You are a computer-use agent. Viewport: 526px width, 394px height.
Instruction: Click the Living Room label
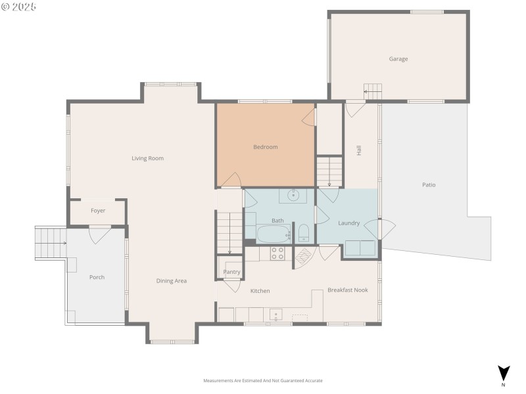pyautogui.click(x=147, y=158)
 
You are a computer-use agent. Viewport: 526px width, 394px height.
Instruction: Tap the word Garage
pyautogui.click(x=398, y=59)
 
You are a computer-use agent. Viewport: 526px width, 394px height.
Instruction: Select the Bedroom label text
pyautogui.click(x=265, y=147)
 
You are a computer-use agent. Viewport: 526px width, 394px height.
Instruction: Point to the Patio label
pyautogui.click(x=429, y=185)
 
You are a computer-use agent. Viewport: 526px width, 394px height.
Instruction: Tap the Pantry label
pyautogui.click(x=231, y=272)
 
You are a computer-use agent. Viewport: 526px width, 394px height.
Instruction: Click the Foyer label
pyautogui.click(x=98, y=211)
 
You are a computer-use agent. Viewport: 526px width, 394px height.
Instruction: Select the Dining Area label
pyautogui.click(x=171, y=281)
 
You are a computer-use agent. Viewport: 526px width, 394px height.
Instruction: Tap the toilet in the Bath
pyautogui.click(x=304, y=232)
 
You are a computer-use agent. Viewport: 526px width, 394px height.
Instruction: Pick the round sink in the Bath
pyautogui.click(x=293, y=196)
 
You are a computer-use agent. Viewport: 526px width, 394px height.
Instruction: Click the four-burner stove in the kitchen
pyautogui.click(x=277, y=253)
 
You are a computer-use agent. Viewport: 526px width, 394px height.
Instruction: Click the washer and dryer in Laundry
pyautogui.click(x=360, y=248)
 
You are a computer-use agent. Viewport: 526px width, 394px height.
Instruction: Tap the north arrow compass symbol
pyautogui.click(x=504, y=373)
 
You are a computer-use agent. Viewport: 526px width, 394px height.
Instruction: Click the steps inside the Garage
pyautogui.click(x=373, y=92)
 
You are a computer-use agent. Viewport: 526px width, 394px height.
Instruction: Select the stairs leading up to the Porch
pyautogui.click(x=51, y=243)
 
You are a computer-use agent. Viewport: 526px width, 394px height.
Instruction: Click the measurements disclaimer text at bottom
pyautogui.click(x=263, y=380)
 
